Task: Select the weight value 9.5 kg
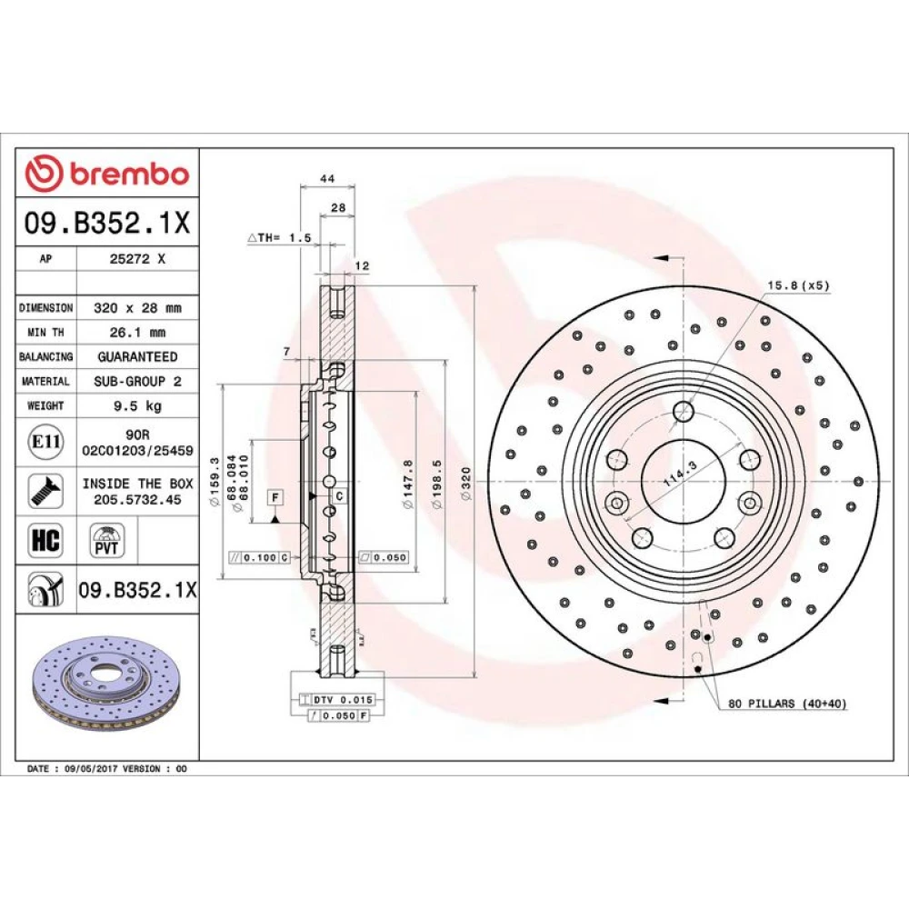click(x=137, y=405)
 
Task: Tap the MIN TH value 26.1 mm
click(x=137, y=332)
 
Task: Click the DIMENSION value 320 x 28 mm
click(x=137, y=308)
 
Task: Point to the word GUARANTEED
click(x=137, y=356)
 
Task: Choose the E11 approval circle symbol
click(x=45, y=442)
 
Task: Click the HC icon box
click(x=45, y=539)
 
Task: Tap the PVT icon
click(x=106, y=540)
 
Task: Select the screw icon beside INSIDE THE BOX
click(x=45, y=491)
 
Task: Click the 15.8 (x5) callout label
click(x=798, y=285)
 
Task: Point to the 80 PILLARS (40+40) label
click(x=787, y=704)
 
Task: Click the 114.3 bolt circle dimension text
click(x=679, y=474)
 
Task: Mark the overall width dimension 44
click(x=327, y=178)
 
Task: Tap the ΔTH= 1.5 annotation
click(x=279, y=237)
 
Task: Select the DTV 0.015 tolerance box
click(x=336, y=700)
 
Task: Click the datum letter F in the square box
click(x=275, y=497)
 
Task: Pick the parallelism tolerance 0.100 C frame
click(x=259, y=557)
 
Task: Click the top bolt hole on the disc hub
click(x=684, y=411)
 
